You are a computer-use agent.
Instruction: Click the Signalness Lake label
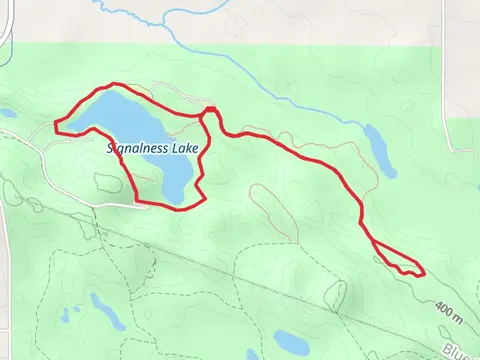coord(154,148)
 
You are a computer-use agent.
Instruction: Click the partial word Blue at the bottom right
coord(462,350)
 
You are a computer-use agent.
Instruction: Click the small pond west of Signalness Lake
coord(7,113)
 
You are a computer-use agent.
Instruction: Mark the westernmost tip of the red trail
coord(54,125)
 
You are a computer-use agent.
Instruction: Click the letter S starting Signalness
coord(112,148)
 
